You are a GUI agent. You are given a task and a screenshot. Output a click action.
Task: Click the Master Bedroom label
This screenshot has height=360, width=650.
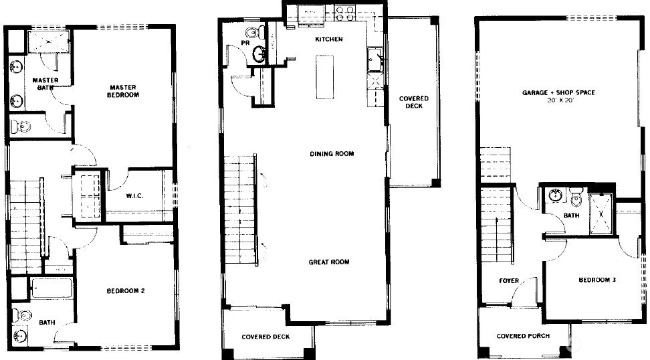pyautogui.click(x=123, y=91)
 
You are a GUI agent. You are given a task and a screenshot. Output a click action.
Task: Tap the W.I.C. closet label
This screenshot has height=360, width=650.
pyautogui.click(x=134, y=196)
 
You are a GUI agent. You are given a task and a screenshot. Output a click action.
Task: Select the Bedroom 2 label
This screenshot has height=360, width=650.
pyautogui.click(x=126, y=290)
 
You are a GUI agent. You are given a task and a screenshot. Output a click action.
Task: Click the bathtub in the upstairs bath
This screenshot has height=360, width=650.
pyautogui.click(x=52, y=288)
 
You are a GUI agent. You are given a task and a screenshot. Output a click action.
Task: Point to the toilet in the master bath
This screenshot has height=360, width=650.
pyautogui.click(x=20, y=126)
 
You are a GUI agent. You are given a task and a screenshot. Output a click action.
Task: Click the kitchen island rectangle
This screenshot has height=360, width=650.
pyautogui.click(x=324, y=77)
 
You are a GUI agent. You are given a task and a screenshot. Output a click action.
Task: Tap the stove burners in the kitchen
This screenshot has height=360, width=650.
pyautogui.click(x=345, y=13)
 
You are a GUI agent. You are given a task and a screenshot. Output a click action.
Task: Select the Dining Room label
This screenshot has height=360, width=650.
pyautogui.click(x=332, y=153)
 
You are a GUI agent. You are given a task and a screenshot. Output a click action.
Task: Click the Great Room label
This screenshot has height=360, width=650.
pyautogui.click(x=329, y=262)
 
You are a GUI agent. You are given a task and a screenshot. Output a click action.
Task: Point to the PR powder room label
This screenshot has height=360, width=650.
pyautogui.click(x=245, y=43)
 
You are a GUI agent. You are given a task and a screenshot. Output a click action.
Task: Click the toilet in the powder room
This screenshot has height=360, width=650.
pyautogui.click(x=255, y=31)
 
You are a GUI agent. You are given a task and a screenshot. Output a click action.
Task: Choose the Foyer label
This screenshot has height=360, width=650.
pyautogui.click(x=509, y=281)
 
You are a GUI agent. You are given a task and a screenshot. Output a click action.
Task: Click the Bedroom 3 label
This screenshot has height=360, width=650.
pyautogui.click(x=597, y=280)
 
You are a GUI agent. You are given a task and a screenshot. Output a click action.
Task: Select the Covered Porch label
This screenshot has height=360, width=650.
pyautogui.click(x=523, y=336)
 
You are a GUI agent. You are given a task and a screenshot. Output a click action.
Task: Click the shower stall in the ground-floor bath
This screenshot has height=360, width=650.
pyautogui.click(x=601, y=214)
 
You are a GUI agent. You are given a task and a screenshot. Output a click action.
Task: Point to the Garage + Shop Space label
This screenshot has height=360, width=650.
pyautogui.click(x=558, y=92)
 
